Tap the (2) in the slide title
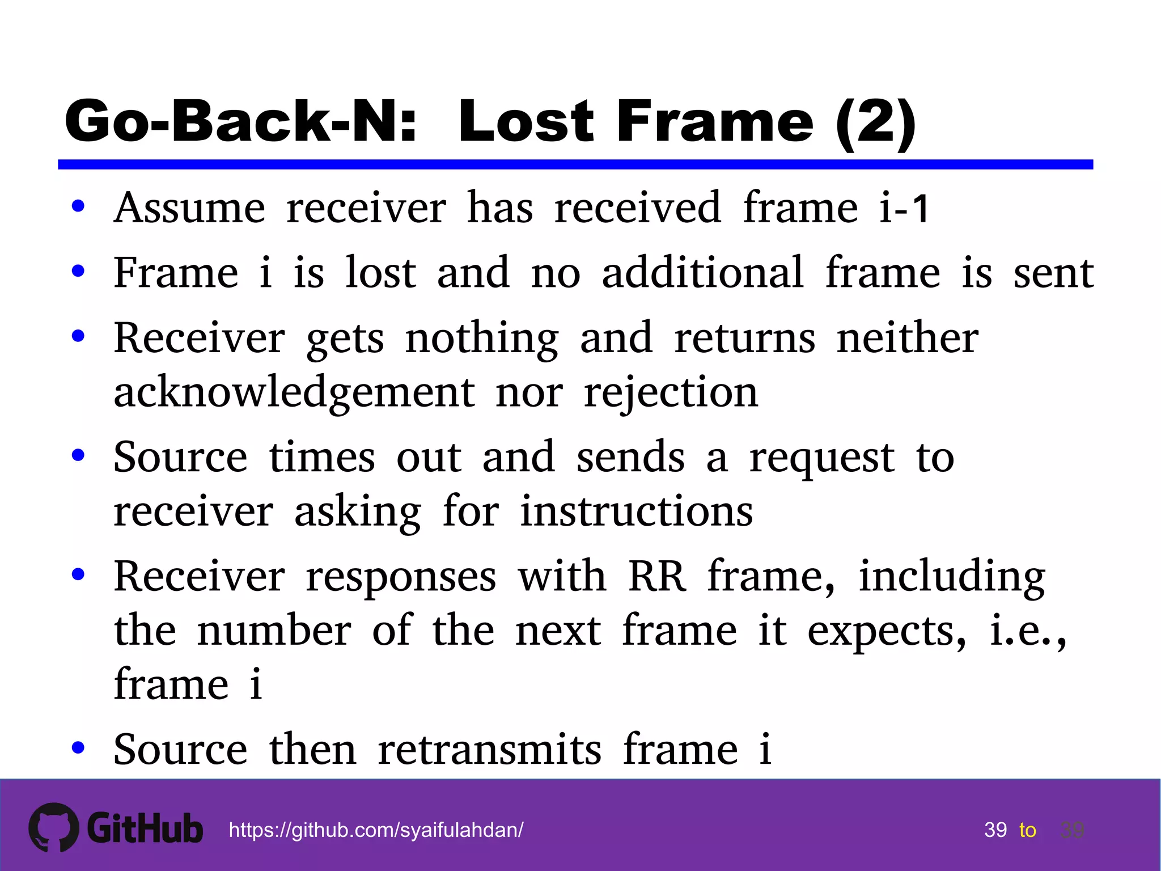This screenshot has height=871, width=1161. pyautogui.click(x=876, y=121)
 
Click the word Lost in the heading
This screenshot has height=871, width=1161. pyautogui.click(x=526, y=121)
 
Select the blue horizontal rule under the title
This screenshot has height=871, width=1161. pyautogui.click(x=575, y=164)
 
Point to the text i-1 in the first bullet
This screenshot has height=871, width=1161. pyautogui.click(x=904, y=208)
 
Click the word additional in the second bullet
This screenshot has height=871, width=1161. pyautogui.click(x=702, y=273)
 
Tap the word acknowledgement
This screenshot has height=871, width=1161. pyautogui.click(x=294, y=392)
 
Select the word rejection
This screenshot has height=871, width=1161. pyautogui.click(x=671, y=392)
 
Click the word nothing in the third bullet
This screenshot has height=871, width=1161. pyautogui.click(x=482, y=339)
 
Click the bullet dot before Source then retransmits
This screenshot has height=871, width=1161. pyautogui.click(x=78, y=748)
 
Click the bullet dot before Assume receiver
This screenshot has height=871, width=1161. pyautogui.click(x=78, y=206)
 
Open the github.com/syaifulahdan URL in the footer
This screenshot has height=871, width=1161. pyautogui.click(x=376, y=830)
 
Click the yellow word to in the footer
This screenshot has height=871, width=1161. pyautogui.click(x=1027, y=830)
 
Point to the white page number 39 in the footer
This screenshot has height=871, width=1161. pyautogui.click(x=995, y=830)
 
